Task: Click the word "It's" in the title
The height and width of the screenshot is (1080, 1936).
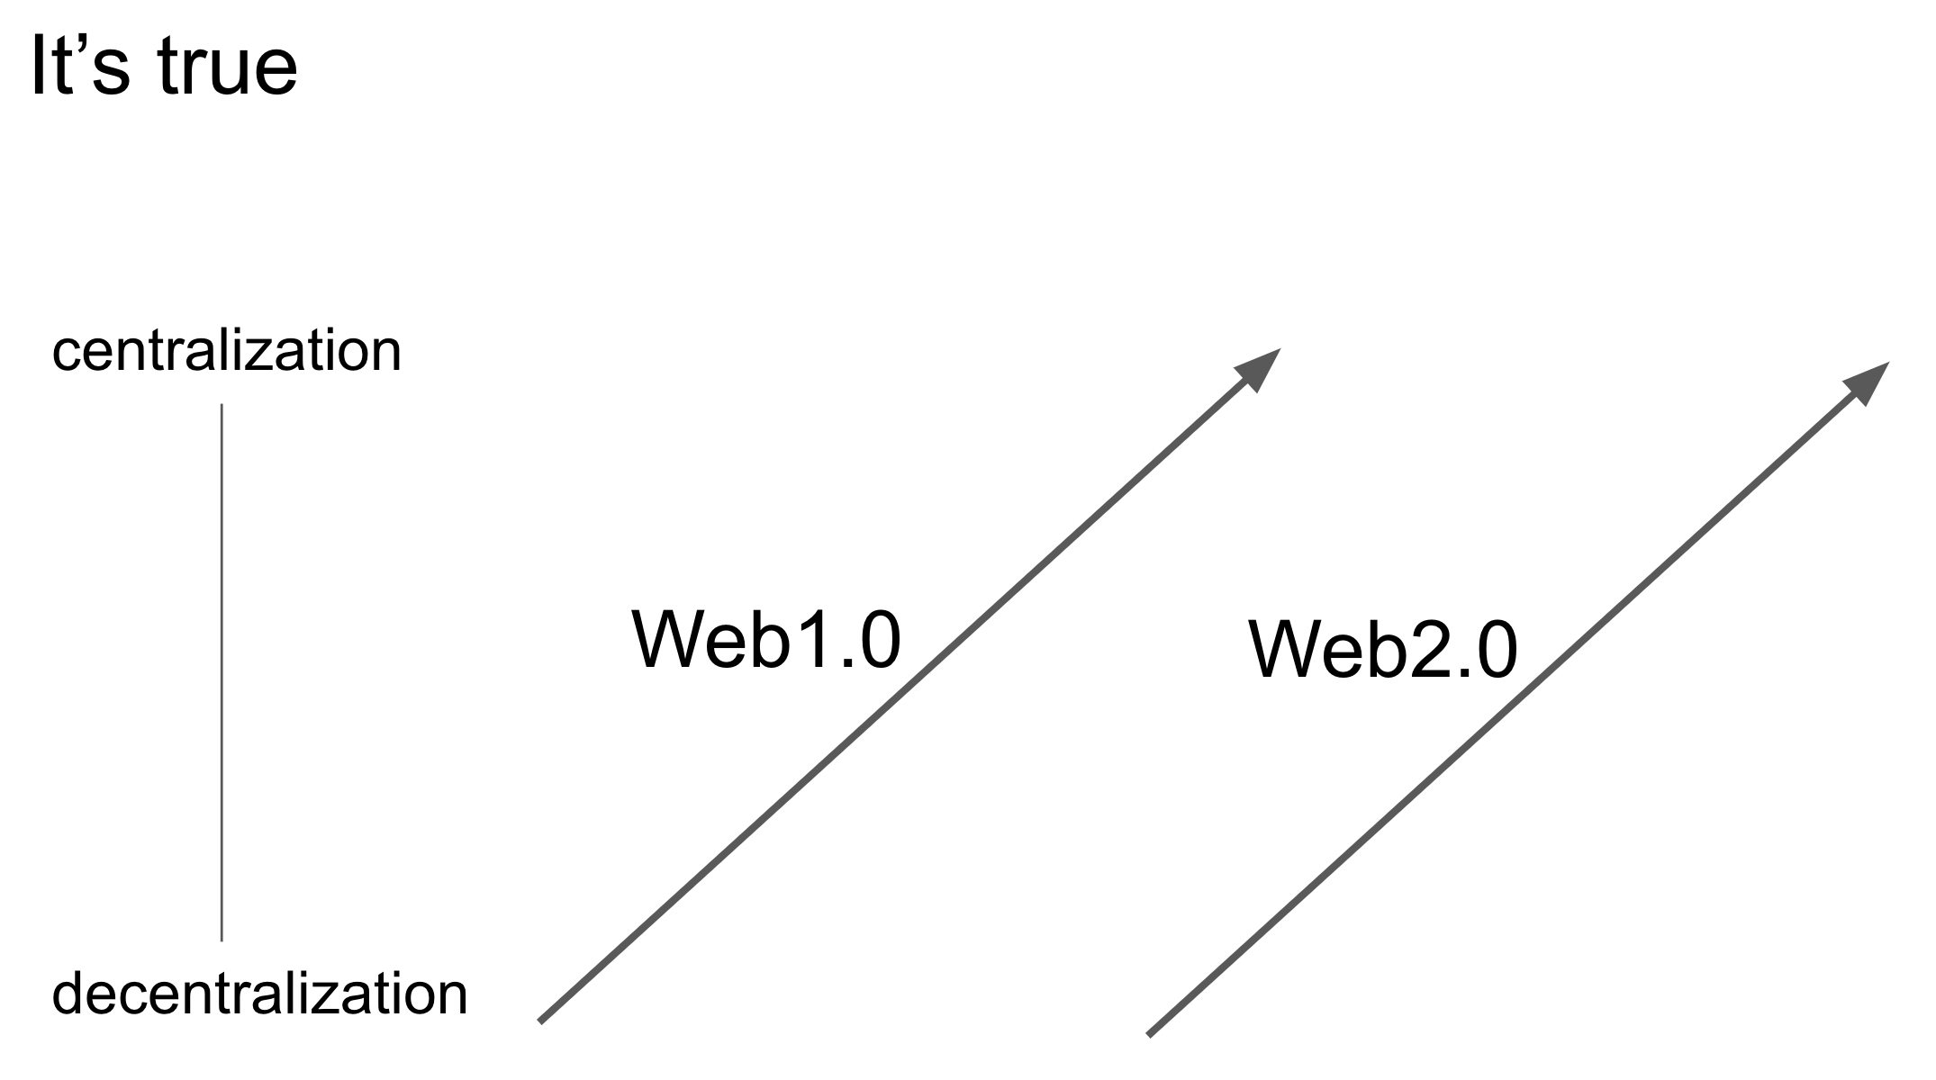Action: coord(79,67)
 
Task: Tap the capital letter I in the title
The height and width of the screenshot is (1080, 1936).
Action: coord(38,67)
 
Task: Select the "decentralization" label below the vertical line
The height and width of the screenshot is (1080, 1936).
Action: coord(259,994)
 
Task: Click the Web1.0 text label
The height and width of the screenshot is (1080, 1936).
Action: coord(765,640)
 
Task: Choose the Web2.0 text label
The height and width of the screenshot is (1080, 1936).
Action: coord(1382,650)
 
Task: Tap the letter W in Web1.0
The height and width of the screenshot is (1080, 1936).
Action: coord(673,640)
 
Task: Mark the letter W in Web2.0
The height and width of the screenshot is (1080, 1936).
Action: coord(1289,650)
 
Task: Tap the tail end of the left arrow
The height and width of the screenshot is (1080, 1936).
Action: coord(541,1020)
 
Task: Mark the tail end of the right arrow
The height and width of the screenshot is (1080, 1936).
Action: coord(1150,1033)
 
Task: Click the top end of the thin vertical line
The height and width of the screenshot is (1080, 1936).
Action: coord(222,407)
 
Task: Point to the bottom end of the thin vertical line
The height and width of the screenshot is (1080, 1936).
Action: coord(222,939)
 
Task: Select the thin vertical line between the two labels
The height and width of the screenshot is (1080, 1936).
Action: coord(222,673)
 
